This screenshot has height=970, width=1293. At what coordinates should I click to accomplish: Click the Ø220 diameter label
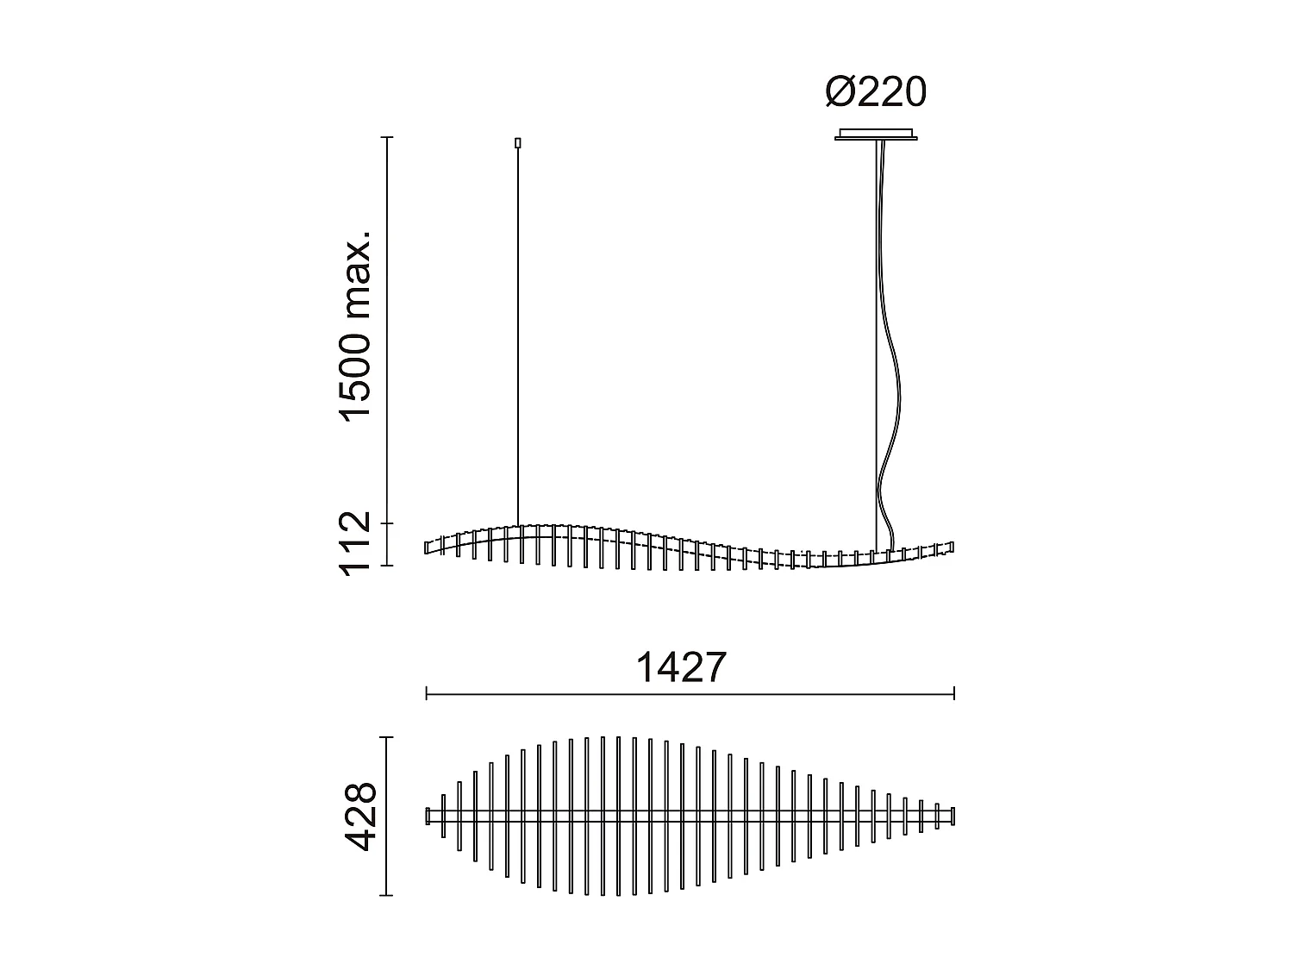pyautogui.click(x=876, y=92)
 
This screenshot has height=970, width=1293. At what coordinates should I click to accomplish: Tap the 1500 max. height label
pyautogui.click(x=355, y=325)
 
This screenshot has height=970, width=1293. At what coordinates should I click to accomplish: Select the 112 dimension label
pyautogui.click(x=355, y=542)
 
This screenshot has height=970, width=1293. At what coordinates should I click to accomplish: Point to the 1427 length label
pyautogui.click(x=682, y=667)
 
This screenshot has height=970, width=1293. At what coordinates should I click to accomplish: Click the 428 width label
pyautogui.click(x=359, y=816)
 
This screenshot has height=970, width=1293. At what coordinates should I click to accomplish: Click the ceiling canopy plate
pyautogui.click(x=876, y=135)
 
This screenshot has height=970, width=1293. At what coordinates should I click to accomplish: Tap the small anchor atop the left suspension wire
pyautogui.click(x=518, y=142)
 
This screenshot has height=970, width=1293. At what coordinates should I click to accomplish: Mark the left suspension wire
pyautogui.click(x=518, y=336)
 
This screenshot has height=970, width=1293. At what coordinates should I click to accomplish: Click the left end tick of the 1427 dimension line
pyautogui.click(x=427, y=693)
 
